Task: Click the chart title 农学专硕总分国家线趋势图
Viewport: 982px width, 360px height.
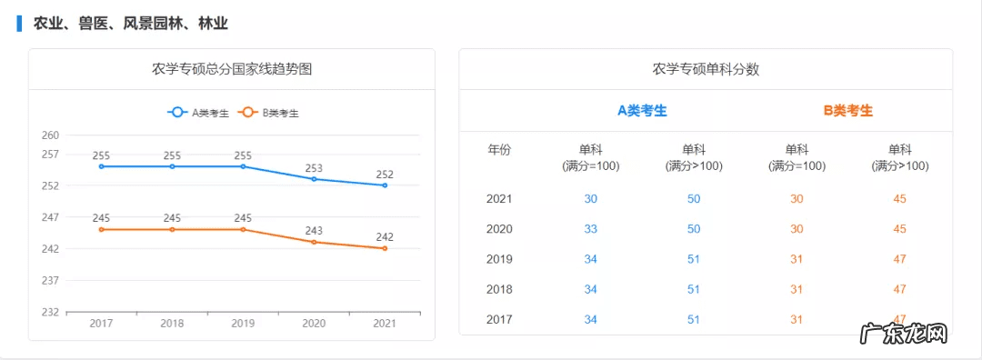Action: [232, 69]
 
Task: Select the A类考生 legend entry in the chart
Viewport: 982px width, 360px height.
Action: [199, 113]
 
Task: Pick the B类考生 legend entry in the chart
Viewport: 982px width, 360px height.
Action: [269, 113]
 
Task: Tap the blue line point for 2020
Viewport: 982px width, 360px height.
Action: [314, 179]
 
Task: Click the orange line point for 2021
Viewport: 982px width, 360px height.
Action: [385, 248]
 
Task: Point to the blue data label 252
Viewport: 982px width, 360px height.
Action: [385, 174]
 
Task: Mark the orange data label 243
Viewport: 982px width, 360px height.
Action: [314, 231]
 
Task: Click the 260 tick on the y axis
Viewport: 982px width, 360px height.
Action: [50, 135]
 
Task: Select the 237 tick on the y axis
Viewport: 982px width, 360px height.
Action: [50, 280]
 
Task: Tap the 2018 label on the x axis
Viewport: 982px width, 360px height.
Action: [172, 323]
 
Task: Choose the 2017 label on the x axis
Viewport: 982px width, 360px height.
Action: [101, 323]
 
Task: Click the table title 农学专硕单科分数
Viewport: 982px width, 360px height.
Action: [706, 69]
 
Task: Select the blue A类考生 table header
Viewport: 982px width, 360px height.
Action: [642, 111]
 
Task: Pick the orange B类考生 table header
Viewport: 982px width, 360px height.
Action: [848, 111]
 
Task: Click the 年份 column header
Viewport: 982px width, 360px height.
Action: [499, 150]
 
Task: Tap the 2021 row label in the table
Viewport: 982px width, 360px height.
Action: [499, 199]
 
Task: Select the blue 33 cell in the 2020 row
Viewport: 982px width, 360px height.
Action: [590, 229]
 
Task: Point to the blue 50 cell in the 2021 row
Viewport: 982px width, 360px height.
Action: [694, 199]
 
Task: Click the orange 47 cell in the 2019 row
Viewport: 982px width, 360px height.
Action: [899, 259]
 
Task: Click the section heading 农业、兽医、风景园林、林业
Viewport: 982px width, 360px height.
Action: [130, 24]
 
